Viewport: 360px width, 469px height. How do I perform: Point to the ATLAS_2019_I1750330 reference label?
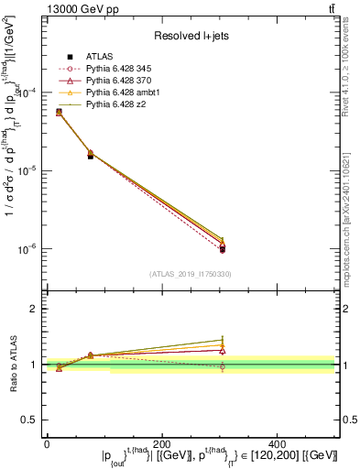tap(191, 274)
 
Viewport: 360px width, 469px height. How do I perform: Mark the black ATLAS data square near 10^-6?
tap(223, 249)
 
